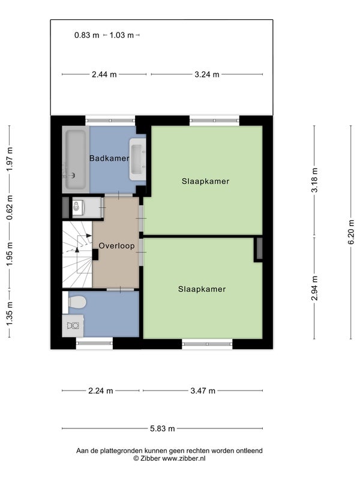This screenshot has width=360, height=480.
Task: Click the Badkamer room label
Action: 109,158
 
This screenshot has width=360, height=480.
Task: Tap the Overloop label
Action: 116,246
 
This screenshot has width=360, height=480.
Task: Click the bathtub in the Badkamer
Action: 76,160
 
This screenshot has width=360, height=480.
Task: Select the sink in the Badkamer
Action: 137,159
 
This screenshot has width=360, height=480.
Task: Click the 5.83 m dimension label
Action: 163,428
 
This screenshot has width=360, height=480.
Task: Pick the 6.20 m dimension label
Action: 350,232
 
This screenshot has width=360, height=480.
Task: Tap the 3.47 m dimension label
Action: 203,391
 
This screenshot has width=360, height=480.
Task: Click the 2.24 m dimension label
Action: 101,391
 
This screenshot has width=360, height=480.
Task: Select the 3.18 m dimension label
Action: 314,180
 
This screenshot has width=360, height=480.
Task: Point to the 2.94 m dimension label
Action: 314,288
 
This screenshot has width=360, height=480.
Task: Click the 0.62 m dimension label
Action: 10,207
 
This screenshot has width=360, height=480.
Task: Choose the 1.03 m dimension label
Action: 122,35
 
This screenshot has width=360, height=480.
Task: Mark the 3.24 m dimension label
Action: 207,74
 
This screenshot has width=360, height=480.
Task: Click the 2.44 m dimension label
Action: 104,74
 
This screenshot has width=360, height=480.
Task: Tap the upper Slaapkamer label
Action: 205,181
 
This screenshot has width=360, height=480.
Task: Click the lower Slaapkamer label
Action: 202,289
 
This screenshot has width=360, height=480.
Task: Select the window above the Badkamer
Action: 110,121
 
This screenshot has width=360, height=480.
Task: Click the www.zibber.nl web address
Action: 184,458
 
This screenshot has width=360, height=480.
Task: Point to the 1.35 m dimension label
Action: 10,314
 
